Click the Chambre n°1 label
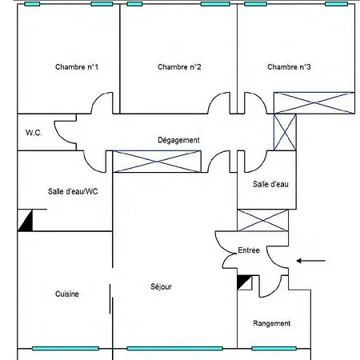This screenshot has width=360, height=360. (77, 66)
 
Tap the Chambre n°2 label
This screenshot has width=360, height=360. (179, 66)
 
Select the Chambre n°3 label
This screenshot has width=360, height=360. (289, 66)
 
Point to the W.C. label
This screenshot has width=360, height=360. (34, 133)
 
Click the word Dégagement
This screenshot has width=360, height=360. (178, 140)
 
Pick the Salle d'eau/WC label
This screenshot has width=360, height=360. (73, 191)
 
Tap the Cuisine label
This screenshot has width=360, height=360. (67, 294)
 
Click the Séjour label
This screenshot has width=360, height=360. (161, 286)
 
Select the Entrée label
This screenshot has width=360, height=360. (249, 250)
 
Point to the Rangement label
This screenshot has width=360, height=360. (271, 323)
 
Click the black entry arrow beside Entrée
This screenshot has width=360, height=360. (310, 261)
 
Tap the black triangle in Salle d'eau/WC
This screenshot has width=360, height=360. (25, 220)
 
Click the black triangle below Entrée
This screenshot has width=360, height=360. (244, 282)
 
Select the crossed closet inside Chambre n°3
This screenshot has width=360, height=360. (314, 103)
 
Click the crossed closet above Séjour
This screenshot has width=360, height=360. (157, 162)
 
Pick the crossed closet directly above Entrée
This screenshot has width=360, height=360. (262, 220)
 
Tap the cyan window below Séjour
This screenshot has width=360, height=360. (174, 349)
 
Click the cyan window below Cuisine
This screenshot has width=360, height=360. (66, 349)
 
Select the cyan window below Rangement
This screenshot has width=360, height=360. (274, 349)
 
